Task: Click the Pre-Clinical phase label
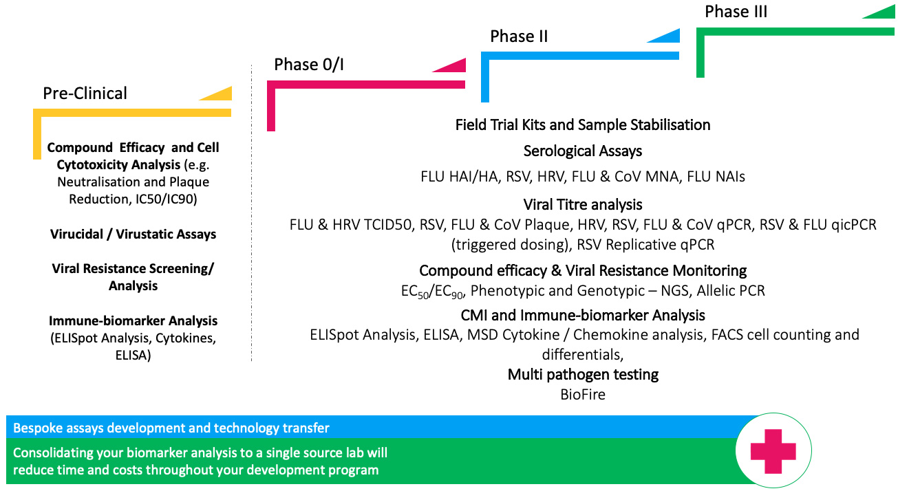click(x=85, y=93)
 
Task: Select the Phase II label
click(x=519, y=36)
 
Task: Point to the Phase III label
click(x=736, y=12)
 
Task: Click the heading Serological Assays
click(x=582, y=151)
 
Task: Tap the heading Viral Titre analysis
click(x=582, y=204)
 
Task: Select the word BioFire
click(x=583, y=395)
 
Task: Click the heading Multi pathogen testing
click(x=583, y=375)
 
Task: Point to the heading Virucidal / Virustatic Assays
click(x=133, y=234)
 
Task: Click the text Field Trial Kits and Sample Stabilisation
click(x=582, y=124)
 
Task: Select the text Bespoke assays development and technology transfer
click(x=171, y=428)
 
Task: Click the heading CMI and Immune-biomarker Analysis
click(x=583, y=315)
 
